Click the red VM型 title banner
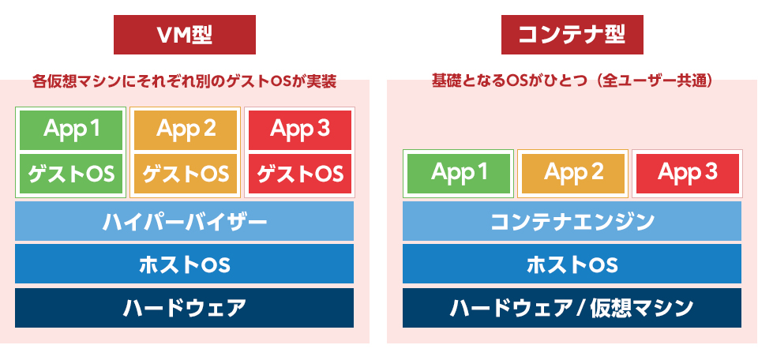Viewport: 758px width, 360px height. coord(185,35)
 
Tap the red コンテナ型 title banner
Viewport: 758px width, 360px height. coord(572,35)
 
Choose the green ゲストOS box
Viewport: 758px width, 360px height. coord(71,174)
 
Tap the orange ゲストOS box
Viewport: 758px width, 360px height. coord(185,174)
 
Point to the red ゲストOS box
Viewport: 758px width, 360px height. coord(300,174)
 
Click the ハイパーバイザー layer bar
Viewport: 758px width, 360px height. coord(184,221)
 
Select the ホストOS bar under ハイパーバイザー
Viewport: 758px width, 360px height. coord(184,264)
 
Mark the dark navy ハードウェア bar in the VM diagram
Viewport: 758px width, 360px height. coord(184,308)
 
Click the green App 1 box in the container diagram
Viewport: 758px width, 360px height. coord(459,174)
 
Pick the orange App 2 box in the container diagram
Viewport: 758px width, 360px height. coord(573,174)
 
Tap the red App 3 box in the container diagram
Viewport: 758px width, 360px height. coord(688,174)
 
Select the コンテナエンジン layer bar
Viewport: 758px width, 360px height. coord(572,221)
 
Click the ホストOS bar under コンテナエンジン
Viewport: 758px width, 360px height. coord(572,264)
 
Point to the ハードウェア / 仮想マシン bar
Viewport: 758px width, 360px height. coord(572,308)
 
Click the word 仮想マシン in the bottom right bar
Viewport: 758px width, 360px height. coord(642,308)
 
